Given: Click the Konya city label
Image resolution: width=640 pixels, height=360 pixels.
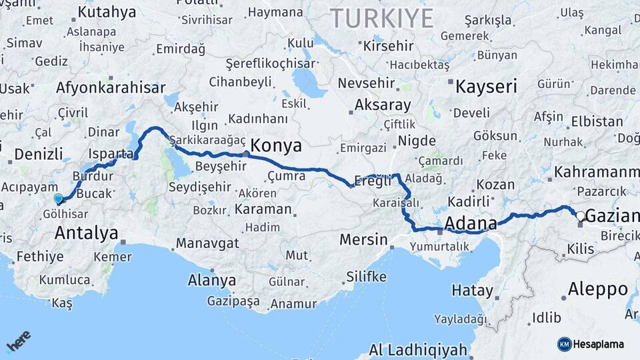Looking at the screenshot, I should [276, 146].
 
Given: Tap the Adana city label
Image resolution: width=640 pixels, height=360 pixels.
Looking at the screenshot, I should [470, 223].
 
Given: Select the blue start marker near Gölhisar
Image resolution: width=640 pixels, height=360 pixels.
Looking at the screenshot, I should [59, 199].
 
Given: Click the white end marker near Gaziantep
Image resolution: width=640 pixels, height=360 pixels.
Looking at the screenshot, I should [580, 215].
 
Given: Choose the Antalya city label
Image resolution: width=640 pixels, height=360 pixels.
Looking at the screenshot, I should [87, 233].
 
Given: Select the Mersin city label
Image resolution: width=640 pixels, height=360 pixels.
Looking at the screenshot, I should [363, 239].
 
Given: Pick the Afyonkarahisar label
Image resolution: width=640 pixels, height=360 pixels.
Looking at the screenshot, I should [111, 87].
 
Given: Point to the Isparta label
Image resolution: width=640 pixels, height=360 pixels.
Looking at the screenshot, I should [111, 154].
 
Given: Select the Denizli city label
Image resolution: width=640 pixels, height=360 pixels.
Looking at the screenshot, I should [39, 154].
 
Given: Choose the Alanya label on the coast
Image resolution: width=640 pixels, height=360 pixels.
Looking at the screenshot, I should [212, 280].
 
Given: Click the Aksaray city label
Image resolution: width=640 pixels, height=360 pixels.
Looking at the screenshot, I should [383, 105].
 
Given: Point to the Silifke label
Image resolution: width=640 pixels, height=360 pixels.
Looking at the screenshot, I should [366, 276].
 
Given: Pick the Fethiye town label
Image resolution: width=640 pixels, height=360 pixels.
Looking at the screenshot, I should [40, 256].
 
